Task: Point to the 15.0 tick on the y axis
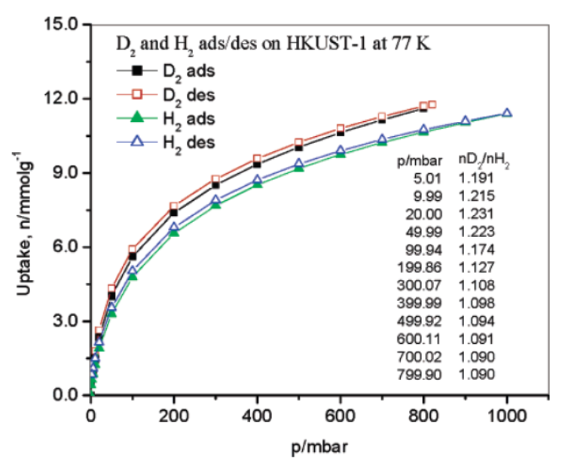coord(63,24)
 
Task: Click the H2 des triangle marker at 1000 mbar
coord(507,113)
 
